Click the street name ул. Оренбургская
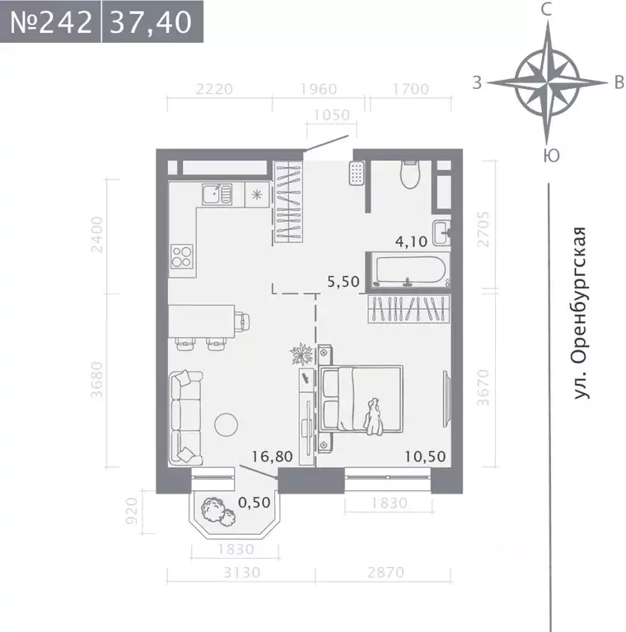point(583,314)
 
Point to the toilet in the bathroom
point(410,173)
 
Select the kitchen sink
point(217,194)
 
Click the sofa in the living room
point(185,418)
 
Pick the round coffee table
point(227,424)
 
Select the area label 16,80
point(270,456)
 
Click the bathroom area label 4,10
point(413,242)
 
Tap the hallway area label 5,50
point(343,281)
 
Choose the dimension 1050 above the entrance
point(328,115)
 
